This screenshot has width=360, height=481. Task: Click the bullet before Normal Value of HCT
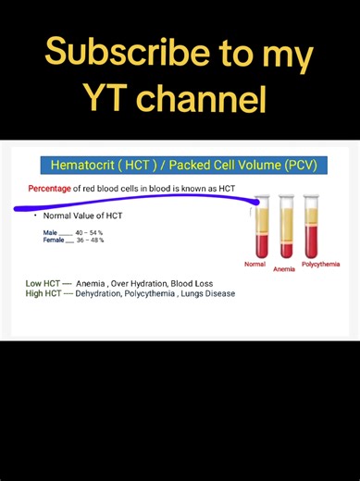click(x=34, y=216)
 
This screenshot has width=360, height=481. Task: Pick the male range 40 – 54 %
click(x=89, y=232)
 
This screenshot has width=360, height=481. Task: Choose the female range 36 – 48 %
click(x=89, y=240)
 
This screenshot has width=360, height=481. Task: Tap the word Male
click(x=50, y=232)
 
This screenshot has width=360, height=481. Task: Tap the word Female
click(x=53, y=240)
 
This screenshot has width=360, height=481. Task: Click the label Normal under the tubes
click(x=254, y=265)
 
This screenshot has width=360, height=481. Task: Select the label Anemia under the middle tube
click(x=284, y=270)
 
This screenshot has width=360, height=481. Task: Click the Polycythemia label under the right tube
click(x=320, y=265)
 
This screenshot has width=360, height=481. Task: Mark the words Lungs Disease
click(x=209, y=293)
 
